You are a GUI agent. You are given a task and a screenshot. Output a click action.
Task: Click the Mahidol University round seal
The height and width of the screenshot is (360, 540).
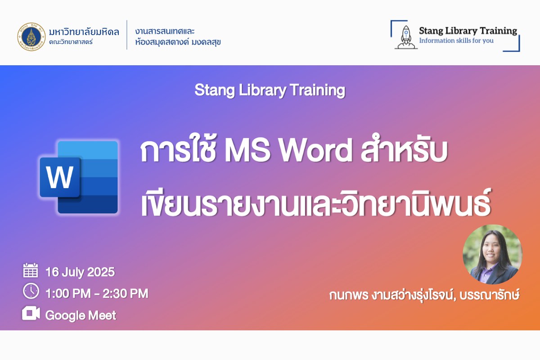pos(31,36)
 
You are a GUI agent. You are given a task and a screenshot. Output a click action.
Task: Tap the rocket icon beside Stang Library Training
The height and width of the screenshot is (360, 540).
pos(406,37)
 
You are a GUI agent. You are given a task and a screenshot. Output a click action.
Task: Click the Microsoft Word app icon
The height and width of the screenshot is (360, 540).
pos(79,177)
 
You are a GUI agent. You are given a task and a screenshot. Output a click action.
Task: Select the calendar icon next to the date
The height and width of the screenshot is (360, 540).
pos(31,270)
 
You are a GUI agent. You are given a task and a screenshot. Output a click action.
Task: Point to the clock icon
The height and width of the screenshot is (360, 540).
pos(31,291)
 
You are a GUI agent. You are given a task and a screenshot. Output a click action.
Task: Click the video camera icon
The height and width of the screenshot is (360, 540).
pos(31,313)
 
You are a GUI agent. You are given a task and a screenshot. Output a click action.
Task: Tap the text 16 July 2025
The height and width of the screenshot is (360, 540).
pos(80,272)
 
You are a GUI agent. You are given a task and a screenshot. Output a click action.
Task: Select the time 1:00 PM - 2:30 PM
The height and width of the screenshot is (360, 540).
pos(97,293)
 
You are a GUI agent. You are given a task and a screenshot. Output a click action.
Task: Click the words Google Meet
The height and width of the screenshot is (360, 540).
pos(81,315)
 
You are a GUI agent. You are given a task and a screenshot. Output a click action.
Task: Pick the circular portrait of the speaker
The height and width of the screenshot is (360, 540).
pos(492,254)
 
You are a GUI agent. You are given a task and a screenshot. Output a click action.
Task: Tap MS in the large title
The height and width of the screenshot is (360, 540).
pos(247,150)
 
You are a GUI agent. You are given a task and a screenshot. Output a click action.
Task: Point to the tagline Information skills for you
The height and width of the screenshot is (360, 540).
pos(456,40)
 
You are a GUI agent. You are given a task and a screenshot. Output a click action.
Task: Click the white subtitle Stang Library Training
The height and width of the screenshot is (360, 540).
pos(270,90)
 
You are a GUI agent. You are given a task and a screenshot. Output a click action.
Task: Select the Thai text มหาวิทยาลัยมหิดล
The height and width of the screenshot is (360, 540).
pos(84,32)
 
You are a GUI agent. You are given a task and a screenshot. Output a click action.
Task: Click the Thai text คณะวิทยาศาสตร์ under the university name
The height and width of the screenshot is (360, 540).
pos(71,42)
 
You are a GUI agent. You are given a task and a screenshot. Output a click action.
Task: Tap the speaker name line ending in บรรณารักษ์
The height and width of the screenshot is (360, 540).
pos(424,295)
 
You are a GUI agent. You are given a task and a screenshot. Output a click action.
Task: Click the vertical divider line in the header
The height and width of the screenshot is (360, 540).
pos(127,35)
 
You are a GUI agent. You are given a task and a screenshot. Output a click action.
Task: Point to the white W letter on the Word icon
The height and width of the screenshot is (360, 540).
pos(60,177)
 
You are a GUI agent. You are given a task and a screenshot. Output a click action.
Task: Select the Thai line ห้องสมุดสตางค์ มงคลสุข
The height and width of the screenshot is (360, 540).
pos(178,42)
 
